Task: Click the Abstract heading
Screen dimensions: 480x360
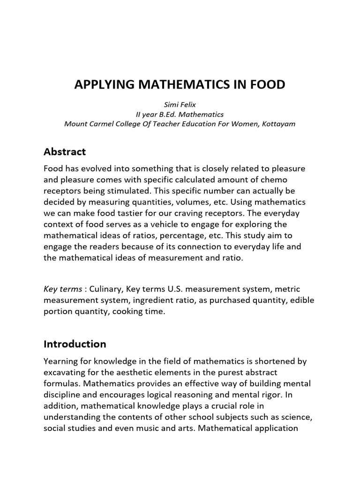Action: pos(65,152)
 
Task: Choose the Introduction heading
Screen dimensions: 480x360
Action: pos(75,344)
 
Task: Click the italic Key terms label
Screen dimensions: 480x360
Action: pos(59,289)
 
